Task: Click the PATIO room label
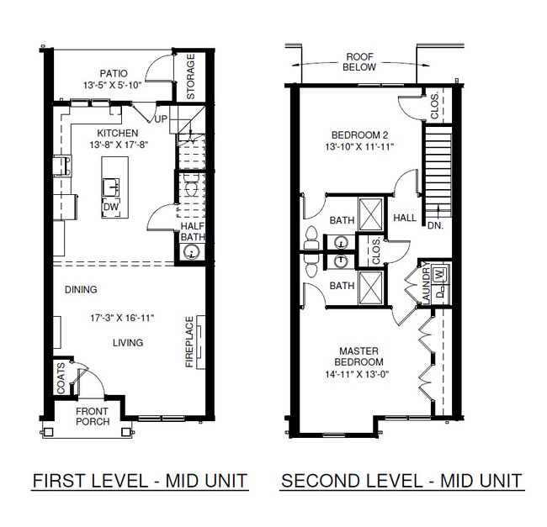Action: [x=112, y=73]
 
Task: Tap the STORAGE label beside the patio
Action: [x=191, y=77]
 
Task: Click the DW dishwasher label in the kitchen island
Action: [x=110, y=207]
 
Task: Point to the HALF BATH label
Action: [x=194, y=231]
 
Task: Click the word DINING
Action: [x=81, y=290]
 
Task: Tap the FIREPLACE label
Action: [x=189, y=342]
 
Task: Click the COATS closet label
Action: [x=61, y=378]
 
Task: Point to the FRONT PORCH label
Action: [x=93, y=416]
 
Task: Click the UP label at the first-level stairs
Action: [x=160, y=119]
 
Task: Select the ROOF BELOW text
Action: [x=359, y=63]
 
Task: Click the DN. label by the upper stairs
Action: [x=435, y=225]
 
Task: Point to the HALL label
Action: [x=405, y=219]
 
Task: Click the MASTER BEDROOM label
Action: [x=359, y=356]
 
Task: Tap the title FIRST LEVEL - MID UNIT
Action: [x=140, y=481]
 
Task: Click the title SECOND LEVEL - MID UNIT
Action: [x=401, y=481]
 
